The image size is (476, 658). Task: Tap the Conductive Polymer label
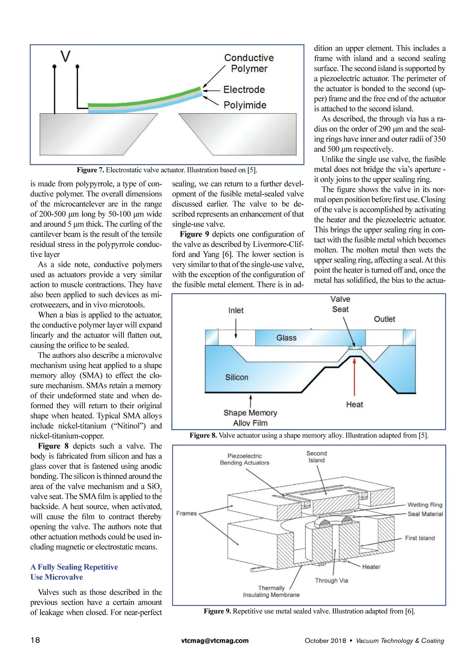point(249,63)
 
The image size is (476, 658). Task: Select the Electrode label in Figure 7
point(244,90)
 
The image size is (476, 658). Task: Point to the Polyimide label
point(245,105)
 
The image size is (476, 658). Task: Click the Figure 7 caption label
point(90,170)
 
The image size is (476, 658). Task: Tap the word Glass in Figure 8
point(286,338)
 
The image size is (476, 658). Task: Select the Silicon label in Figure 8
point(236,377)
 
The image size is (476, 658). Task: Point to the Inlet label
point(236,311)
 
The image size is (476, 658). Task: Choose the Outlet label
point(384,319)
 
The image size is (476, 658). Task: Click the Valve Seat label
point(340,304)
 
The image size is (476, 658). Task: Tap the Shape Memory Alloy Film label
point(250,418)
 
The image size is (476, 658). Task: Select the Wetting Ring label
point(424,505)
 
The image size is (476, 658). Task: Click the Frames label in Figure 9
point(186,513)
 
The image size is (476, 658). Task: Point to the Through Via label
point(331,581)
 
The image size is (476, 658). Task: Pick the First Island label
point(420,538)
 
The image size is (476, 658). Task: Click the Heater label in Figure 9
point(371,567)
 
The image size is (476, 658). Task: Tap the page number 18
point(35,640)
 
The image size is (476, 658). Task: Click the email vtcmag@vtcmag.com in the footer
point(215,641)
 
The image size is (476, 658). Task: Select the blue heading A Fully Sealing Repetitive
point(74,567)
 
